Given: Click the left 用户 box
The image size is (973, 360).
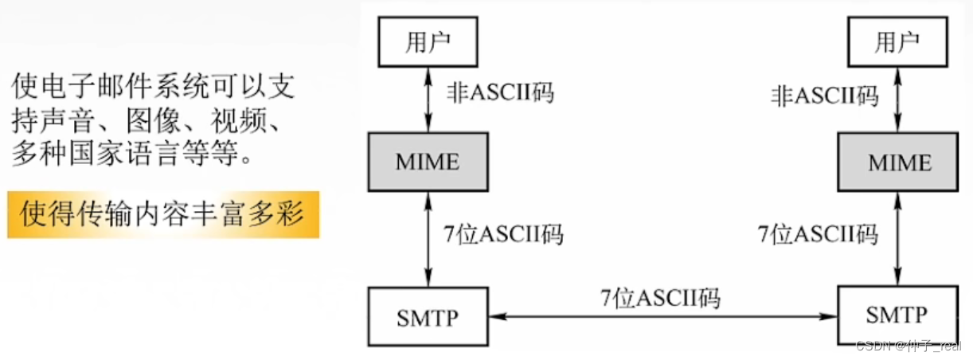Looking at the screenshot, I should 428,43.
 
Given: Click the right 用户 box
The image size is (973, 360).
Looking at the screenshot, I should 897,43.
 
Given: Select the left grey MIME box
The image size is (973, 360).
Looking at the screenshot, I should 428,162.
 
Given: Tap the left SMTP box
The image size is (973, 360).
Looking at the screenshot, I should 428,317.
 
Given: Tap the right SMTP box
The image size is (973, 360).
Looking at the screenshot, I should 897,315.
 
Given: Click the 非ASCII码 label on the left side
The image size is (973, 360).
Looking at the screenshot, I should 499,93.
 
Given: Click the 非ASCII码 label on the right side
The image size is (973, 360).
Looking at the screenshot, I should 825,96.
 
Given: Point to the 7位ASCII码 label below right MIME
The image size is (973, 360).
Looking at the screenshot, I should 818,235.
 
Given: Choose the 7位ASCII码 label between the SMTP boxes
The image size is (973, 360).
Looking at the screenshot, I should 660,299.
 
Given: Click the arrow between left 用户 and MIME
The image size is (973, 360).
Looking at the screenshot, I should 428,99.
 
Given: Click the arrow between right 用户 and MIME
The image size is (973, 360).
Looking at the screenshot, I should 897,99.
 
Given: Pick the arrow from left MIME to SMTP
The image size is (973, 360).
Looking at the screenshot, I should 428,239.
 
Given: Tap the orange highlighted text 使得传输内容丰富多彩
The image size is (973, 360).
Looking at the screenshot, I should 163,214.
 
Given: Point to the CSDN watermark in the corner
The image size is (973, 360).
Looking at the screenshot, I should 908,346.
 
